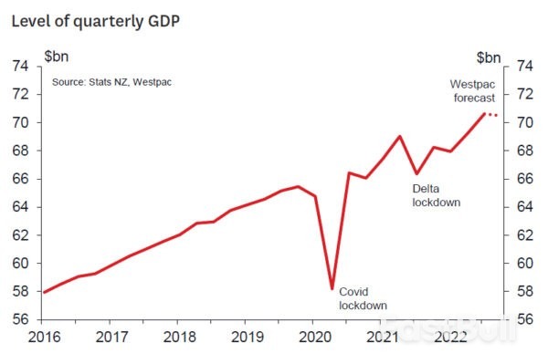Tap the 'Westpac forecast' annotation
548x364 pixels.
point(472,91)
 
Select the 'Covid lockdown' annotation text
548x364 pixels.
point(363,298)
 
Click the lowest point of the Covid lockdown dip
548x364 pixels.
point(332,289)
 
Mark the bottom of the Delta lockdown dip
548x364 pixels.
point(416,173)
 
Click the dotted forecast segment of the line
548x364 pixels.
point(490,115)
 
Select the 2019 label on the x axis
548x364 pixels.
point(245,337)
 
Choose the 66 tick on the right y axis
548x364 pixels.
point(524,179)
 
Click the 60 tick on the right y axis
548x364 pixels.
point(524,264)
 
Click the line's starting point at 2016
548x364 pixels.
point(44,292)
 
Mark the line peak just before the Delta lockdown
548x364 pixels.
point(400,136)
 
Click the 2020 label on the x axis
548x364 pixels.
point(312,337)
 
